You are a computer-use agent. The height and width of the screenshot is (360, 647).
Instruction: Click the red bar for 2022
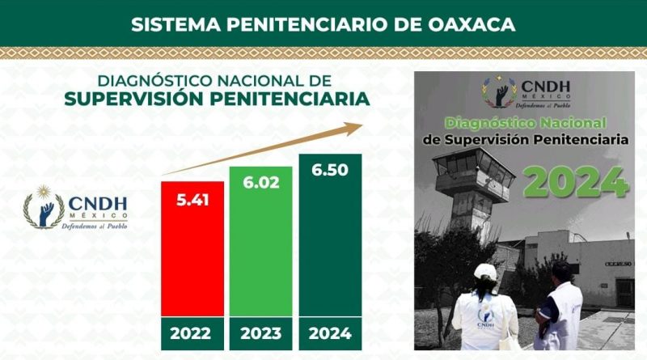(192, 249)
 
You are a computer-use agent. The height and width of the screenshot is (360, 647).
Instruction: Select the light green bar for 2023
(260, 242)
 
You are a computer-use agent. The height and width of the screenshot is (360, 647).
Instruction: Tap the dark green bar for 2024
(330, 235)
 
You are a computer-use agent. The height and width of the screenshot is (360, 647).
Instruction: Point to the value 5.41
(192, 200)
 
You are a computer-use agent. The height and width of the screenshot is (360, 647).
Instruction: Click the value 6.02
(261, 182)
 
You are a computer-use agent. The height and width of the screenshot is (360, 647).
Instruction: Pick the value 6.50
(330, 170)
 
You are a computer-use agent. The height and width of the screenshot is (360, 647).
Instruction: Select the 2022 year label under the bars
(190, 333)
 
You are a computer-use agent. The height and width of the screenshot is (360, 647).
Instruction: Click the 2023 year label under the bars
(260, 333)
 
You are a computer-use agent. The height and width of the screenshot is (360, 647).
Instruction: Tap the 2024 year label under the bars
(330, 333)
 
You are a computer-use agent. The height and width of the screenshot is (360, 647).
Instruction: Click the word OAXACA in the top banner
(472, 24)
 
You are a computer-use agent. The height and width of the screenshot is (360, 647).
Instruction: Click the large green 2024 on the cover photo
(576, 182)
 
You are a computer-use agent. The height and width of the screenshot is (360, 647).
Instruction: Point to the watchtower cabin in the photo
(474, 173)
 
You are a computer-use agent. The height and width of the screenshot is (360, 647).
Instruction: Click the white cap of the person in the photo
(486, 273)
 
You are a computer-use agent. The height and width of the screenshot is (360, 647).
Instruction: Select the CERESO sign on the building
(618, 264)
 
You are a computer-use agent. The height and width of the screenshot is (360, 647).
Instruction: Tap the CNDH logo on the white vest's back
(485, 318)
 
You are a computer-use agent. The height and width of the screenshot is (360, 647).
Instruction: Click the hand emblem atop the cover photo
(501, 93)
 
